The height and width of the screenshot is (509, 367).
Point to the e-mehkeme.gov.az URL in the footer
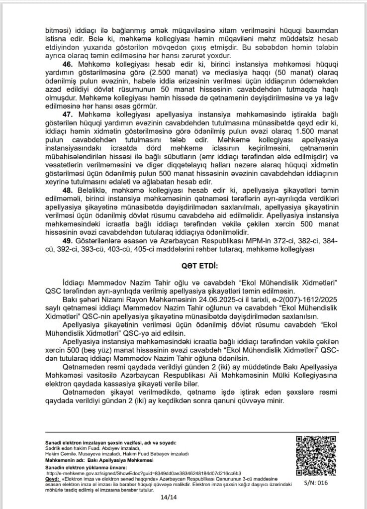[x=144, y=473]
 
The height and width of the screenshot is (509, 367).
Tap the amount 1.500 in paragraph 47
[x=297, y=130]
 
